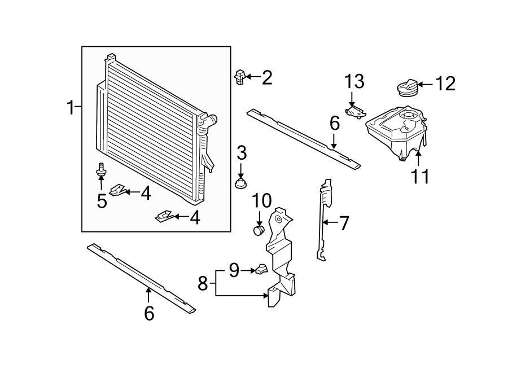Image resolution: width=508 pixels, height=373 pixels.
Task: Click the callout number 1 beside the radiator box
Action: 71,107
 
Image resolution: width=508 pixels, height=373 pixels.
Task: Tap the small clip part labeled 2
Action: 239,77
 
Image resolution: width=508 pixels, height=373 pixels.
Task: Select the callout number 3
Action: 242,152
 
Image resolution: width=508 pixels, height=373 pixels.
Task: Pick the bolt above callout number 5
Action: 102,169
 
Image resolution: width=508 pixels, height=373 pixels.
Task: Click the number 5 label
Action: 102,201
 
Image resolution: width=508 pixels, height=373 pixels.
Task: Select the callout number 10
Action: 262,200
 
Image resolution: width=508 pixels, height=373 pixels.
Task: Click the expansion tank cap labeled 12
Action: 406,88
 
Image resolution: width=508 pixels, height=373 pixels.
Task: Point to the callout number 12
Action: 445,84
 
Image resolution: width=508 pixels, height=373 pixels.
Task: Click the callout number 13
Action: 355,81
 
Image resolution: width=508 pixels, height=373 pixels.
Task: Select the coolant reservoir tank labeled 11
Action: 395,133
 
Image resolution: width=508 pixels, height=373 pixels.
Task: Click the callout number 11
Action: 419,177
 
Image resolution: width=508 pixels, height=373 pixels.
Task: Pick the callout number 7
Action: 344,223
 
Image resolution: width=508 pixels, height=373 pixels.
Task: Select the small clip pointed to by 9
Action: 260,269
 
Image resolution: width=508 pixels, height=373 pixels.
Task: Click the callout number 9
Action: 234,271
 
